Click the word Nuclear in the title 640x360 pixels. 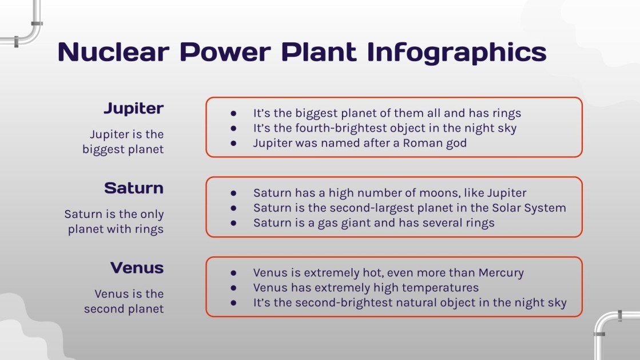pos(113,52)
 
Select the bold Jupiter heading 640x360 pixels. pos(134,109)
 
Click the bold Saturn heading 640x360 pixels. pos(134,188)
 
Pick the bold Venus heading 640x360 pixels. pos(137,268)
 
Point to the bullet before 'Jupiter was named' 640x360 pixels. pos(233,143)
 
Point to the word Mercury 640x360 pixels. pos(501,272)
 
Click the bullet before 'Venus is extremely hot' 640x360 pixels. pos(233,272)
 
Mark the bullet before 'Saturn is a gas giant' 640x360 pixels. pos(233,223)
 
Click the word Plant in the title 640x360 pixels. pos(319,52)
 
